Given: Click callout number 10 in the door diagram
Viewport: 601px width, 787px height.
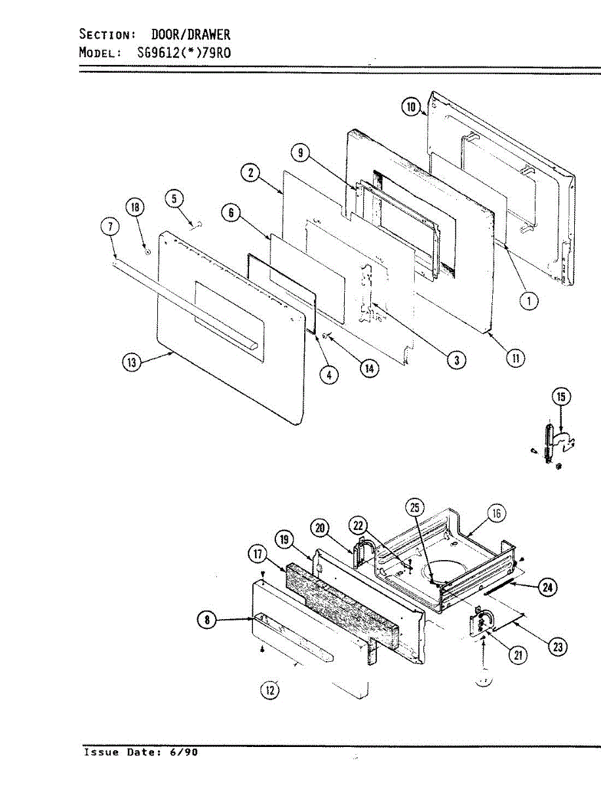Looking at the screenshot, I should click(411, 107).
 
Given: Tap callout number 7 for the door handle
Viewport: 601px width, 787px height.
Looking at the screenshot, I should click(109, 228).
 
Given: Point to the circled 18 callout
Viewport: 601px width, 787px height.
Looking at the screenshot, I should click(136, 209).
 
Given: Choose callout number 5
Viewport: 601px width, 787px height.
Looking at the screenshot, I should click(174, 199).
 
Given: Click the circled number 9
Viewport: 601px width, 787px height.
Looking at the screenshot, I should click(300, 153).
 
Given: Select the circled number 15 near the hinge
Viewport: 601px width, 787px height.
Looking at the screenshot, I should click(560, 396).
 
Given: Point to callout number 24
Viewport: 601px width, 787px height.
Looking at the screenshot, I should click(547, 588).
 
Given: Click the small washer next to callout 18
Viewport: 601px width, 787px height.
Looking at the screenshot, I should click(148, 251).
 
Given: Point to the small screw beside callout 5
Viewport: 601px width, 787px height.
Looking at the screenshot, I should click(195, 225).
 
